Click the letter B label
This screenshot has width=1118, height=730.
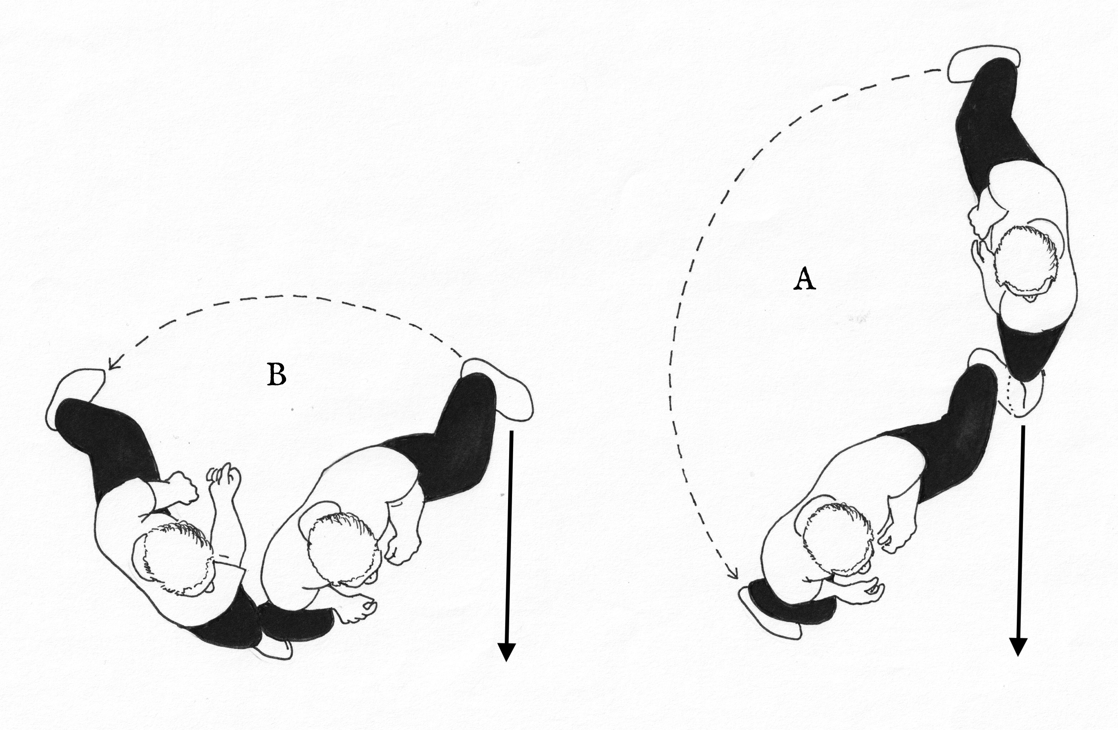tap(277, 375)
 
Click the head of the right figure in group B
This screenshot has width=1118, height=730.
tap(342, 548)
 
